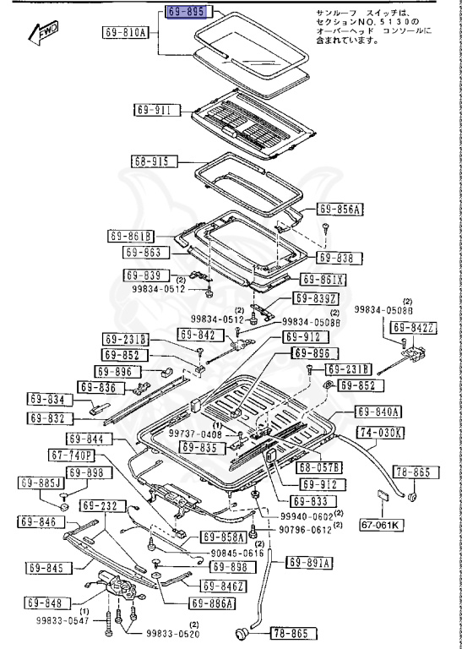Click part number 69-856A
tap(340, 209)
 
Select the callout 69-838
tap(340, 257)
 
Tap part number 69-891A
tap(309, 563)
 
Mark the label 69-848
tap(44, 603)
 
